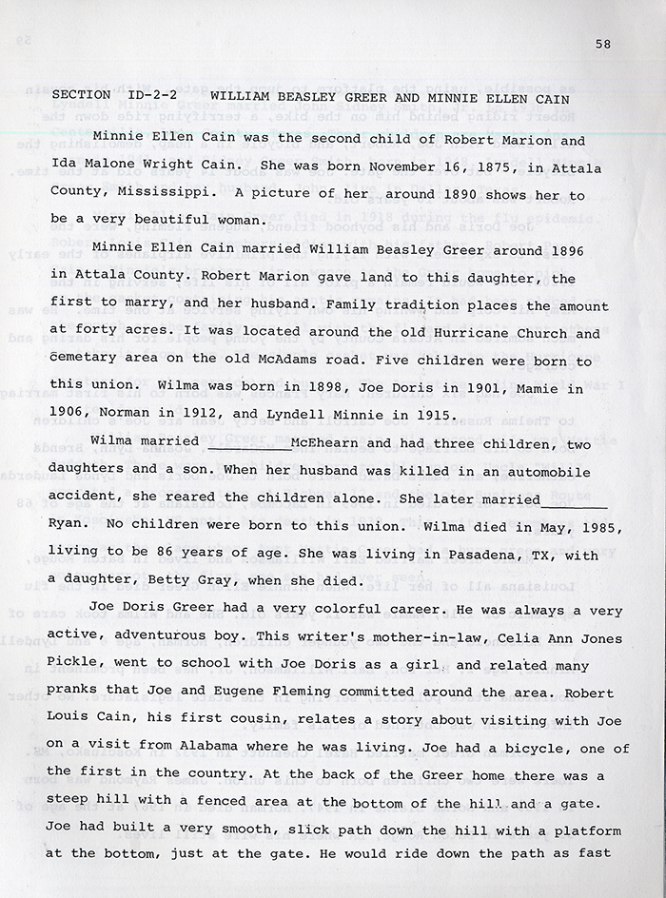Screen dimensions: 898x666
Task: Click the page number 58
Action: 601,43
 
